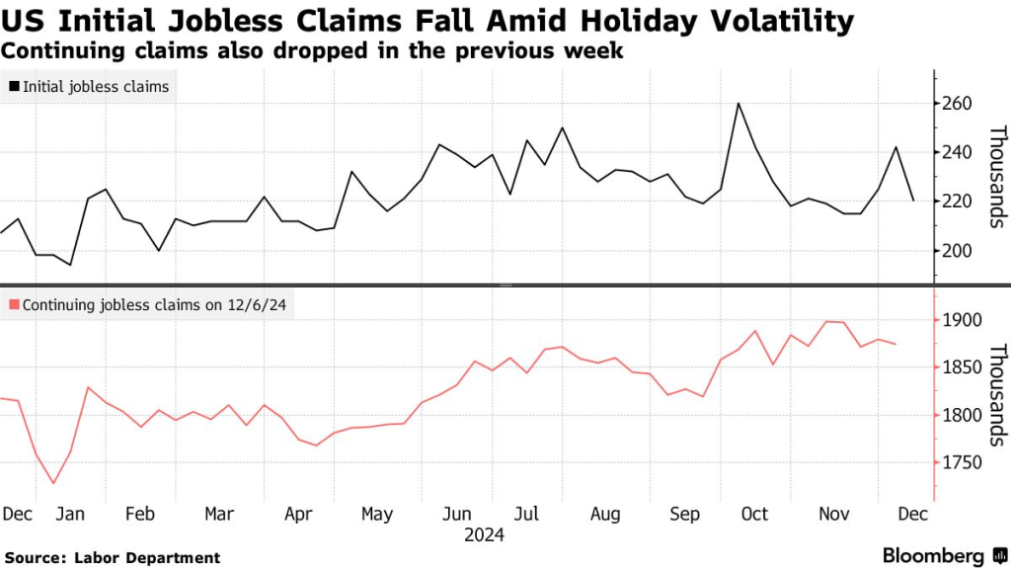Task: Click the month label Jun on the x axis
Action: [456, 514]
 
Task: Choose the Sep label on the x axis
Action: [684, 514]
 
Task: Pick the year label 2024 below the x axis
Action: [484, 535]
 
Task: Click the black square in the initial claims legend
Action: [14, 87]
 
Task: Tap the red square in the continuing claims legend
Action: [14, 306]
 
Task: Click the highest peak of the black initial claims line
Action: [738, 103]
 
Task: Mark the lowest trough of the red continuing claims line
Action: [53, 483]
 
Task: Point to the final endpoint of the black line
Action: [913, 201]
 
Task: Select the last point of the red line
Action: [895, 344]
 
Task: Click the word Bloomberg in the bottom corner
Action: [933, 555]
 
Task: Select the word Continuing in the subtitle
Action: [55, 50]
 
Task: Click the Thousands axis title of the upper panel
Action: [997, 177]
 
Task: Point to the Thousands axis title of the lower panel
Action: [997, 394]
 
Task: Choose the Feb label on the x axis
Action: [140, 514]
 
